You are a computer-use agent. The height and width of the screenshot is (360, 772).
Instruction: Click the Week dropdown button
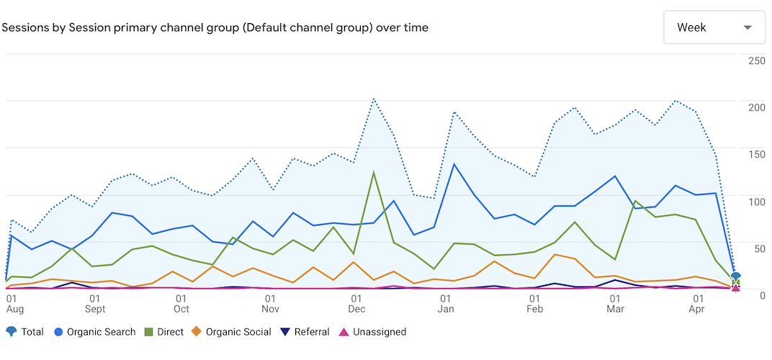(714, 27)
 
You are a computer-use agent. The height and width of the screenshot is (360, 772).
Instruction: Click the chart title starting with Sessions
(215, 28)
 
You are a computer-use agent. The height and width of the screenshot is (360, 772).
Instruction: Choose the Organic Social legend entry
(231, 332)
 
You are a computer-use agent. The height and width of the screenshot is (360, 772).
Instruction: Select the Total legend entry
(25, 332)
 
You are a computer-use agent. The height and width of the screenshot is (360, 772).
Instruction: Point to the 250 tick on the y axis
(756, 60)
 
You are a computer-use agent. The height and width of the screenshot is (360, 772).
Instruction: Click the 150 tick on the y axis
(756, 155)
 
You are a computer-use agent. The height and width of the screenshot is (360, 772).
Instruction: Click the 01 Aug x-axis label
(14, 303)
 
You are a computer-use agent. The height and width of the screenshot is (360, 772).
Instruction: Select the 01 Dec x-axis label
(356, 303)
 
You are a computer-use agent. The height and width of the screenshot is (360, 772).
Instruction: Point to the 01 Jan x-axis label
(446, 303)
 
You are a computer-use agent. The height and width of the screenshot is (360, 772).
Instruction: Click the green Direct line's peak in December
(373, 171)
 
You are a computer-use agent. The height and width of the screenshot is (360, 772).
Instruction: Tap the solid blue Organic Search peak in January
(454, 164)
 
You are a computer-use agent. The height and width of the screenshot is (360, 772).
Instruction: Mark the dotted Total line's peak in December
(373, 99)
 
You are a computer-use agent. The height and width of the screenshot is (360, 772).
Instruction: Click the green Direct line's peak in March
(635, 201)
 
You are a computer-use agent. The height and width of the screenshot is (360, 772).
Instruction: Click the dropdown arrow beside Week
(748, 27)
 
